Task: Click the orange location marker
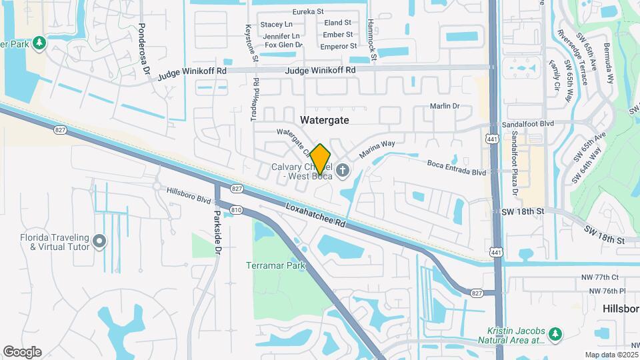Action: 321,159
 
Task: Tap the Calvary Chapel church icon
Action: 342,170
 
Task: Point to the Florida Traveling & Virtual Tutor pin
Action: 100,241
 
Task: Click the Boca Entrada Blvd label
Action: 457,167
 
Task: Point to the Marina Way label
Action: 377,149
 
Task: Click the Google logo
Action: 22,351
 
